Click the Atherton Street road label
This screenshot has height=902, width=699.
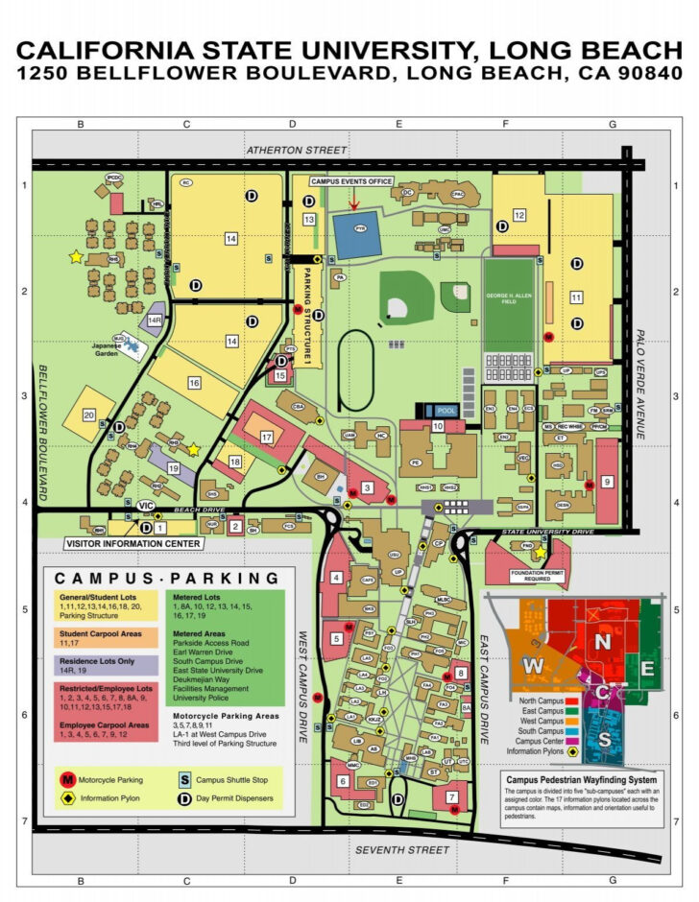[295, 151]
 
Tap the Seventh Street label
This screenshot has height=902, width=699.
[402, 850]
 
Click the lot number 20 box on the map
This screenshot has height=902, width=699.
[88, 415]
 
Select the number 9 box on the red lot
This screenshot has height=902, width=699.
[607, 481]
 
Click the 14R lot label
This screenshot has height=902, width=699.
[155, 320]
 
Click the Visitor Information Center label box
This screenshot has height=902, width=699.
[134, 544]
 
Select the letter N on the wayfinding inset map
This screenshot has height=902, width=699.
[603, 641]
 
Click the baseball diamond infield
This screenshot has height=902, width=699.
[398, 307]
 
